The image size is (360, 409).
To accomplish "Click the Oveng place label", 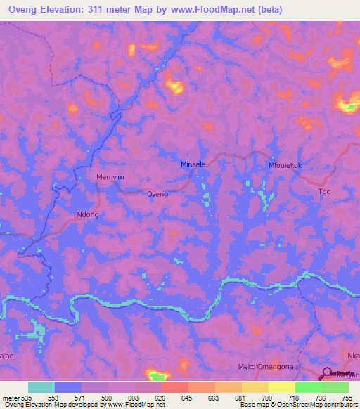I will point(157,193).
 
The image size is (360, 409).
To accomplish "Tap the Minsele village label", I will point(193,164).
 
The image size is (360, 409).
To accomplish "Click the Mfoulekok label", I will point(285,165).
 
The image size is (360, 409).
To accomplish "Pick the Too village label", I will point(324,191).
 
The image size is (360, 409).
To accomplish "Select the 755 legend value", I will point(347,397).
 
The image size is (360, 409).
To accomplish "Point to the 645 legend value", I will point(186,397).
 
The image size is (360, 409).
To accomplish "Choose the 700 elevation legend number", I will point(266,397).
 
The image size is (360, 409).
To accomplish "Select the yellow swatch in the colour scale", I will point(282,387).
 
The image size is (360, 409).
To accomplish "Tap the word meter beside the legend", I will point(13,397).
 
